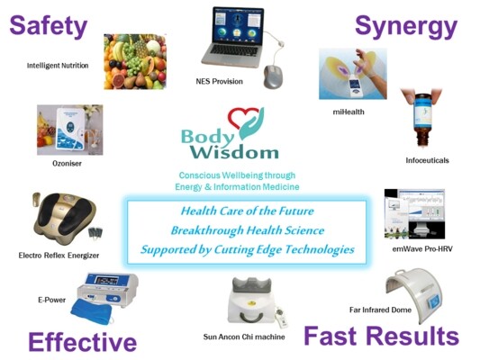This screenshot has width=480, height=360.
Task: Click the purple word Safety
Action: pyautogui.click(x=49, y=27)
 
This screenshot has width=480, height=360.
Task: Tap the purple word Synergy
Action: pyautogui.click(x=406, y=27)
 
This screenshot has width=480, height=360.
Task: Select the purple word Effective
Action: pyautogui.click(x=82, y=342)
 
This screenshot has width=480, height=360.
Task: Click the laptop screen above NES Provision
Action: pyautogui.click(x=239, y=26)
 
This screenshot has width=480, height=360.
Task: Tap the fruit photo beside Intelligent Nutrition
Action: pyautogui.click(x=135, y=61)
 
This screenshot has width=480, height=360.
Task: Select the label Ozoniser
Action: pyautogui.click(x=67, y=163)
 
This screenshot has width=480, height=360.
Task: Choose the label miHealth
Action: pyautogui.click(x=349, y=112)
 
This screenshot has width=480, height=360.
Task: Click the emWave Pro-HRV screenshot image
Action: pyautogui.click(x=414, y=214)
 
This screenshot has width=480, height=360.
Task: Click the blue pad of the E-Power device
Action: pyautogui.click(x=91, y=311)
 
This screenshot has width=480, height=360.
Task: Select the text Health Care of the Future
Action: pyautogui.click(x=248, y=211)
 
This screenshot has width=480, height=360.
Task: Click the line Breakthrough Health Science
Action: pyautogui.click(x=248, y=230)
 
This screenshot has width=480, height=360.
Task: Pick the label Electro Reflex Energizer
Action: pyautogui.click(x=59, y=256)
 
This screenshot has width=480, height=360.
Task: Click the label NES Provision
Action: pyautogui.click(x=219, y=81)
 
